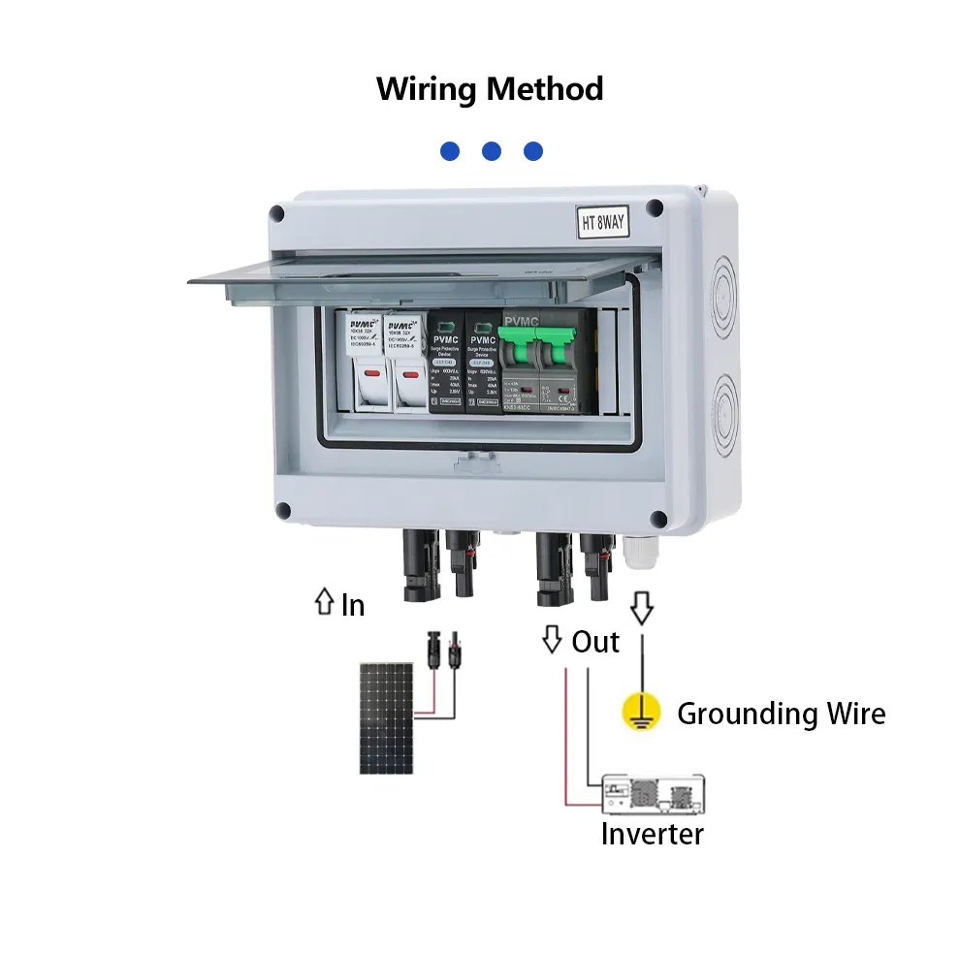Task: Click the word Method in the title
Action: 545,89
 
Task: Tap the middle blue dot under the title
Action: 491,151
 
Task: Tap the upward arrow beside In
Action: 324,603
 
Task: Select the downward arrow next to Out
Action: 552,639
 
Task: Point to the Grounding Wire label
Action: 781,714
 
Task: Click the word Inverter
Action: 652,834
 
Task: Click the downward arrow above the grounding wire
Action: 642,607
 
